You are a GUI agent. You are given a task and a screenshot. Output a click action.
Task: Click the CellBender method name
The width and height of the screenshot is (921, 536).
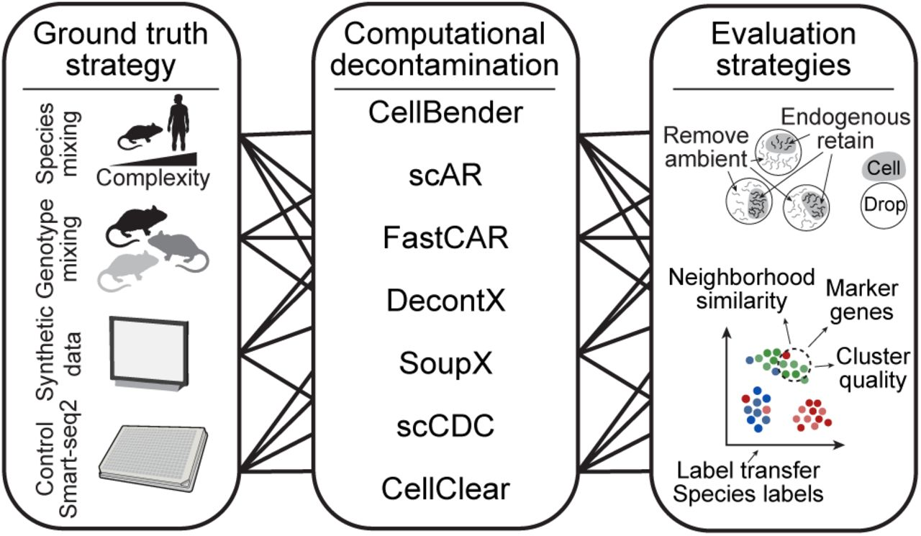point(445,113)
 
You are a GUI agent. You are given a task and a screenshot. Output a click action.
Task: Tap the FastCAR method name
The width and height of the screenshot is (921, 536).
point(446,238)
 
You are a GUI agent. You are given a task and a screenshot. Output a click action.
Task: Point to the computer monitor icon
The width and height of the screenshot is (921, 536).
point(147,353)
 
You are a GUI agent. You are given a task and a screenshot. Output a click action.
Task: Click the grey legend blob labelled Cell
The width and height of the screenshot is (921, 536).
point(883,168)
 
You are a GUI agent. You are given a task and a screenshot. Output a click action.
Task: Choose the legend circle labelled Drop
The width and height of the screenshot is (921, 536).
point(883,206)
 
